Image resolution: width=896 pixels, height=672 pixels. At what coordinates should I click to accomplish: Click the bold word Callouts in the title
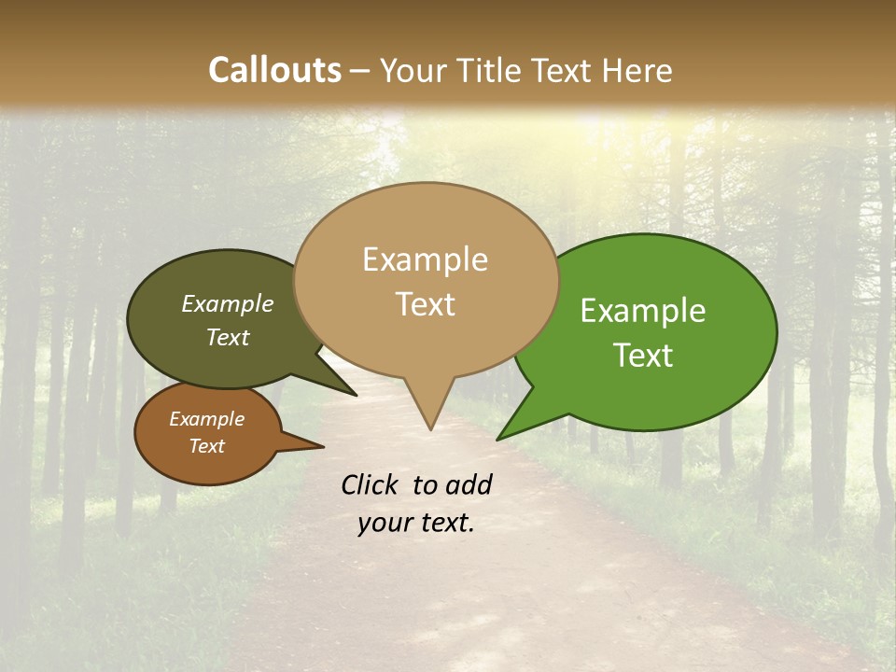[274, 70]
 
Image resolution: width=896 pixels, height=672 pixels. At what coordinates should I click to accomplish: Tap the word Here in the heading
[635, 70]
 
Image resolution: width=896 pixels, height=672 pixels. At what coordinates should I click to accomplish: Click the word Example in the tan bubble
[425, 259]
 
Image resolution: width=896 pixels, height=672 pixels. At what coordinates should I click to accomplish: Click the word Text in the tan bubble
[425, 304]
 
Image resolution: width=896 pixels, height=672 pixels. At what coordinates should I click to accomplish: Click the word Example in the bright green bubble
[643, 311]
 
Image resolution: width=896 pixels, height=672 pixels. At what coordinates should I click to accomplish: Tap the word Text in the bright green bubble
[643, 356]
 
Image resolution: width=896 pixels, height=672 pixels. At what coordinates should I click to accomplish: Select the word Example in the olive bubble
[227, 303]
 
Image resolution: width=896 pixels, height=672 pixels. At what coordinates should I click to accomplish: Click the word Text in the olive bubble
[227, 338]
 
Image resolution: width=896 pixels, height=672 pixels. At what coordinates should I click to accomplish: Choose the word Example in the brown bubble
[206, 419]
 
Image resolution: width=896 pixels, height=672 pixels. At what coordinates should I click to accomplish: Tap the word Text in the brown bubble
[206, 446]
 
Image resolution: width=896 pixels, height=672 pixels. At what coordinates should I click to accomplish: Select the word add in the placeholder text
[469, 484]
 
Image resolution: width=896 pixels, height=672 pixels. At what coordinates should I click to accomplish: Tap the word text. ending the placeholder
[444, 523]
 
